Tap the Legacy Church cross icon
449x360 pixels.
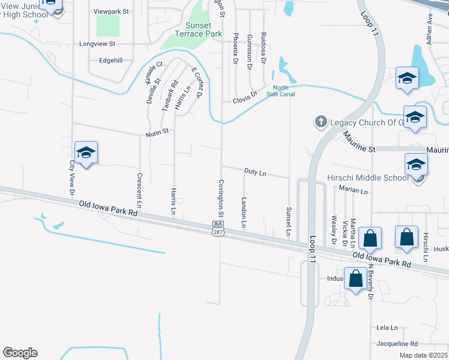321,122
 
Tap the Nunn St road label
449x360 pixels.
156,134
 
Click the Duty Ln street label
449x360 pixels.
255,172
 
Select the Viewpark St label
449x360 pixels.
111,11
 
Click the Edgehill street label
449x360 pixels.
110,60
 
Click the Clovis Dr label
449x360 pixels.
245,95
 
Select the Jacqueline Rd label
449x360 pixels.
397,344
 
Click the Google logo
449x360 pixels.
20,353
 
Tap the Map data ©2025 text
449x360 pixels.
423,355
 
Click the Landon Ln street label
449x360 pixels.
244,212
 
